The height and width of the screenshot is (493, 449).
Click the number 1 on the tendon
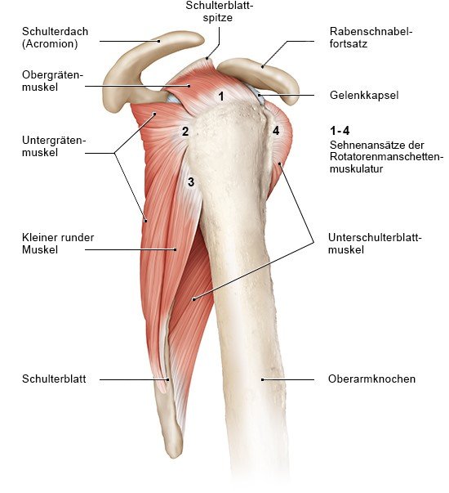(221, 96)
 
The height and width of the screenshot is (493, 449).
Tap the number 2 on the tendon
(185, 131)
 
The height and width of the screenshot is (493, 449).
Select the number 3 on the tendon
(191, 182)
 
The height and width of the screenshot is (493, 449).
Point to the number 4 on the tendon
(276, 131)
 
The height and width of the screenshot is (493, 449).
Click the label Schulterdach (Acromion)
(55, 38)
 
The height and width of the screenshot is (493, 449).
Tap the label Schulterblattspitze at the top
(219, 11)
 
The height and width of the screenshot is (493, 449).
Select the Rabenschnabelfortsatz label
(371, 38)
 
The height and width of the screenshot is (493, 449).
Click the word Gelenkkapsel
(364, 96)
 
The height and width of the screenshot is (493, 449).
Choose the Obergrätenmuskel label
(52, 81)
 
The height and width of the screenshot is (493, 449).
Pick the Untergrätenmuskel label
(54, 146)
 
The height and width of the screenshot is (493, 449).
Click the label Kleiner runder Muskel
(58, 244)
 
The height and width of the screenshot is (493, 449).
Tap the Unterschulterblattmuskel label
(375, 244)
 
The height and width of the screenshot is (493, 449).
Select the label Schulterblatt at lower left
(54, 379)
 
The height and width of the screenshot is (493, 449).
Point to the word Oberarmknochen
(371, 379)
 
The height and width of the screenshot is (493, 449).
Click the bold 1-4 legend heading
(340, 131)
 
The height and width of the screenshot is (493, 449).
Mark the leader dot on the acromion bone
(159, 41)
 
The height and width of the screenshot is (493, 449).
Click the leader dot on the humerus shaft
(263, 379)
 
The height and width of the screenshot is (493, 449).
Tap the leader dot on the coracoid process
(263, 66)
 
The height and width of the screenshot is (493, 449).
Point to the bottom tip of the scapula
(173, 456)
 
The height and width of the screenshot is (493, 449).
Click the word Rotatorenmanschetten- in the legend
(386, 157)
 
